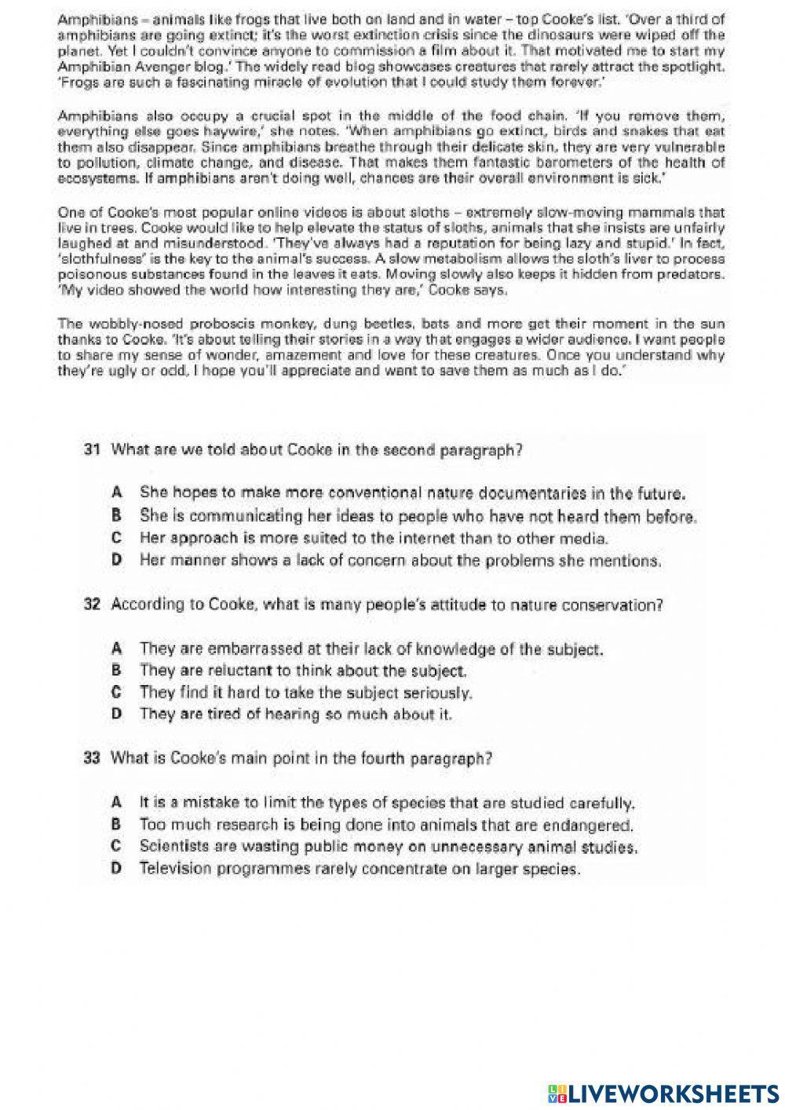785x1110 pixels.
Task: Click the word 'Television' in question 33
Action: (x=174, y=869)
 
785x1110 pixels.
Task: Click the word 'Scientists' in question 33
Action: (x=173, y=847)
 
